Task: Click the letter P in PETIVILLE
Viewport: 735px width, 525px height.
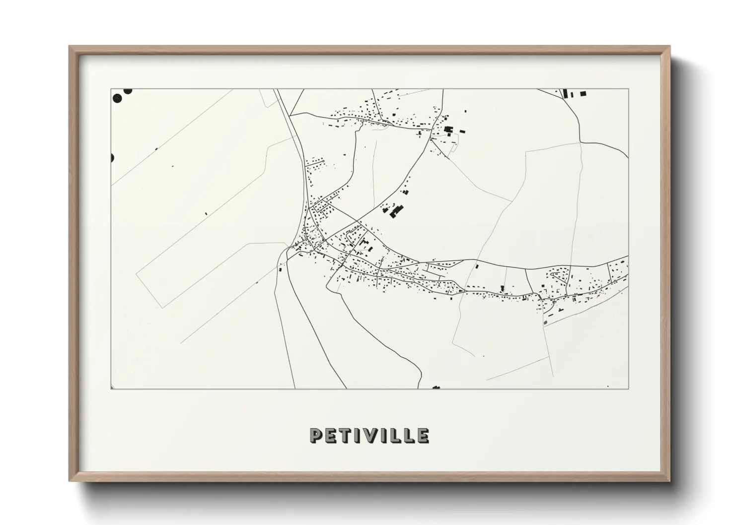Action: pyautogui.click(x=315, y=436)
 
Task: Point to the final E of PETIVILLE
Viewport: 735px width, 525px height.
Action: pyautogui.click(x=423, y=436)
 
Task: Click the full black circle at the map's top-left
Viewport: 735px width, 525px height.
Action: pyautogui.click(x=118, y=98)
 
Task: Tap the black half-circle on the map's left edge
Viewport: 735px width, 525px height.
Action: pyautogui.click(x=112, y=158)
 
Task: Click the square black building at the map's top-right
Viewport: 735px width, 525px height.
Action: pyautogui.click(x=583, y=93)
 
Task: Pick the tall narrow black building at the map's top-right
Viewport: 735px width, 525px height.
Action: pyautogui.click(x=565, y=93)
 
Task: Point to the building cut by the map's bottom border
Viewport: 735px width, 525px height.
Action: pyautogui.click(x=437, y=387)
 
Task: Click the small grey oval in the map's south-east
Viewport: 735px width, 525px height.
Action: pyautogui.click(x=546, y=323)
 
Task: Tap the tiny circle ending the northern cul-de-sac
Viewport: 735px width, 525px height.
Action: pyautogui.click(x=324, y=160)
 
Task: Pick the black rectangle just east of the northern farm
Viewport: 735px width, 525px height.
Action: pyautogui.click(x=463, y=132)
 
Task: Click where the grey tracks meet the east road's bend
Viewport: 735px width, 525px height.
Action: pyautogui.click(x=581, y=142)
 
